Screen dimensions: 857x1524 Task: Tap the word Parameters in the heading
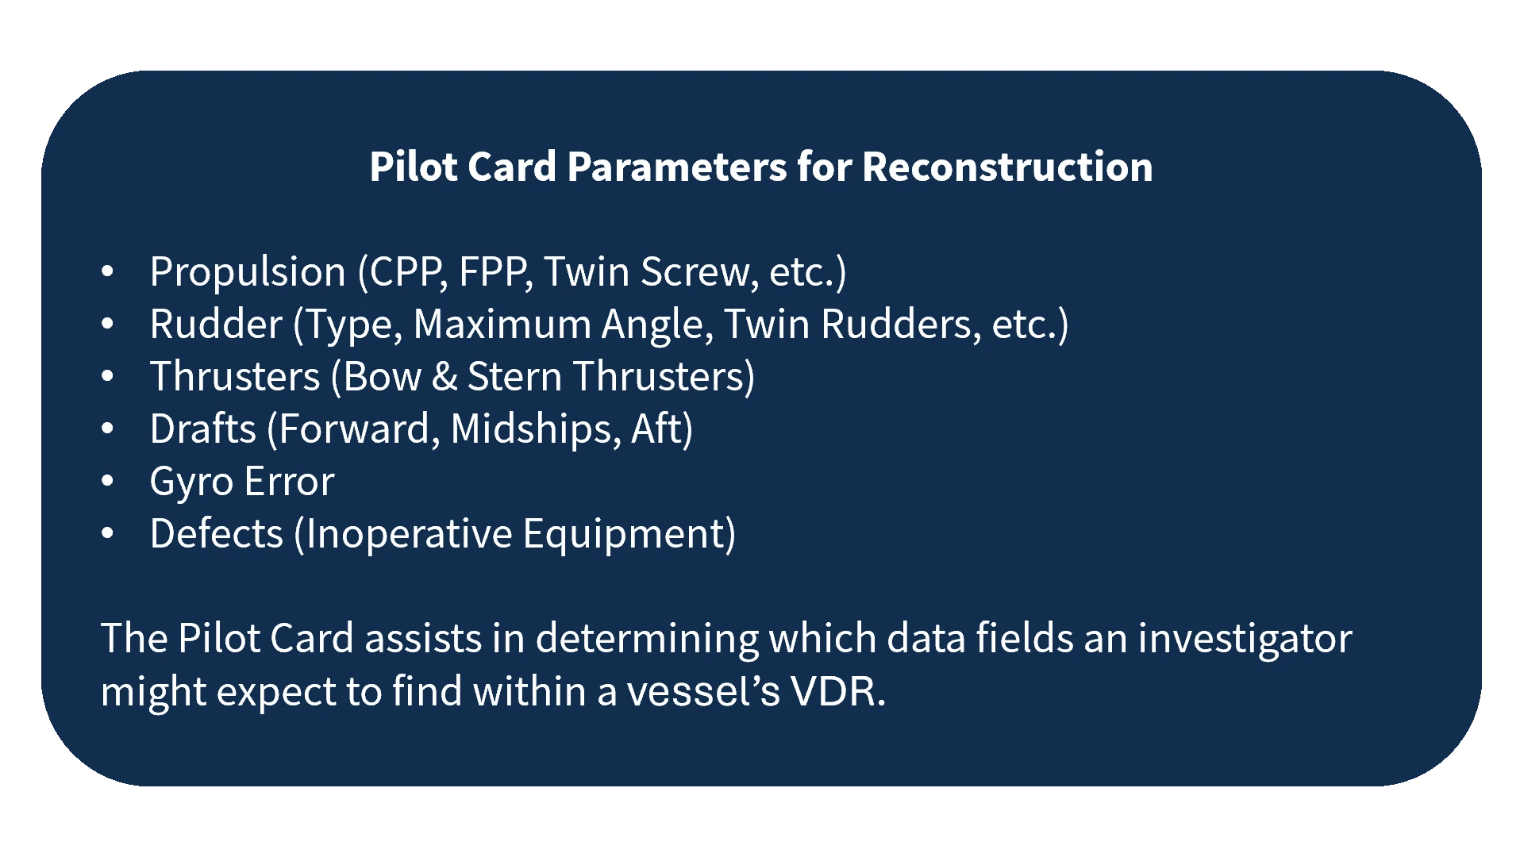coord(677,167)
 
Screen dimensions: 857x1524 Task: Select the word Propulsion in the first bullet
coord(248,272)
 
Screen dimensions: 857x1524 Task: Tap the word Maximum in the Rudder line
coord(502,325)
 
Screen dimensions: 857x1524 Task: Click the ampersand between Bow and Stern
coord(444,377)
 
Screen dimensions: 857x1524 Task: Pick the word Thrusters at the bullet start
coord(234,377)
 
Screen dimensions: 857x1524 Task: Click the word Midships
coord(535,429)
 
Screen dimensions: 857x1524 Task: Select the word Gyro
coord(191,482)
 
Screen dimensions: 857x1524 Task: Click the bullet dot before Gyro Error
coord(108,481)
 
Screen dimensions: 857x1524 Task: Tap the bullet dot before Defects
coord(108,533)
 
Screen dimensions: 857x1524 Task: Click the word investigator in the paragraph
coord(1245,640)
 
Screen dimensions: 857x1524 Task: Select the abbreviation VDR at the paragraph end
coord(837,691)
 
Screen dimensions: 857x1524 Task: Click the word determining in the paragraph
coord(646,640)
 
